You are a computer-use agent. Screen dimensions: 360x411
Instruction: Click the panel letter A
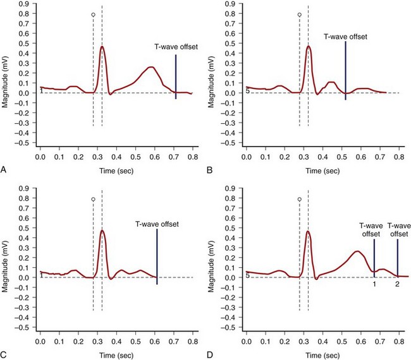pos(4,170)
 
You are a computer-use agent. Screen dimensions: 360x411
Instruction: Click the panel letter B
pos(211,170)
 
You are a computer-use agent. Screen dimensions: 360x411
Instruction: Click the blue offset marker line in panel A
pos(176,76)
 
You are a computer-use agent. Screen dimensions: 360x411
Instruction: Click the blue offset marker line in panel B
pos(345,69)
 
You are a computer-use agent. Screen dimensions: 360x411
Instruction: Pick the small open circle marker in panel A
pos(93,15)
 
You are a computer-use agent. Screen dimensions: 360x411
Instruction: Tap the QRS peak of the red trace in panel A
pos(102,46)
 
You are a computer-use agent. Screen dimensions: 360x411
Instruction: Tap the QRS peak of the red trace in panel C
pos(102,231)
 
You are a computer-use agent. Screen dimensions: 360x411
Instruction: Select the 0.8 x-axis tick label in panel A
pos(193,156)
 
